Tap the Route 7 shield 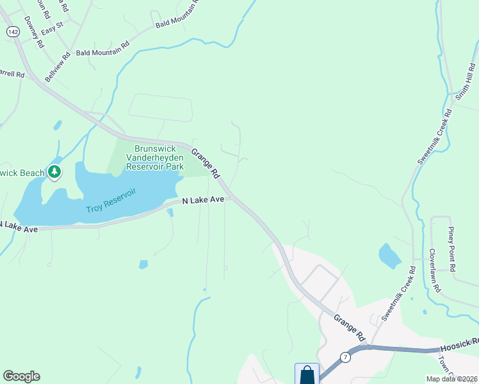(x=345, y=357)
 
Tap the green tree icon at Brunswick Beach (x=55, y=172)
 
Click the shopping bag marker (x=307, y=374)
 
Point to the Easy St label (x=52, y=28)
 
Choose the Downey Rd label (x=33, y=33)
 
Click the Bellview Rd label (x=56, y=67)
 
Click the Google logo (x=21, y=376)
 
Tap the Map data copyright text (x=451, y=379)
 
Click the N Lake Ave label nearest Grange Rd (x=203, y=200)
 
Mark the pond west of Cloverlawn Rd (x=389, y=256)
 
